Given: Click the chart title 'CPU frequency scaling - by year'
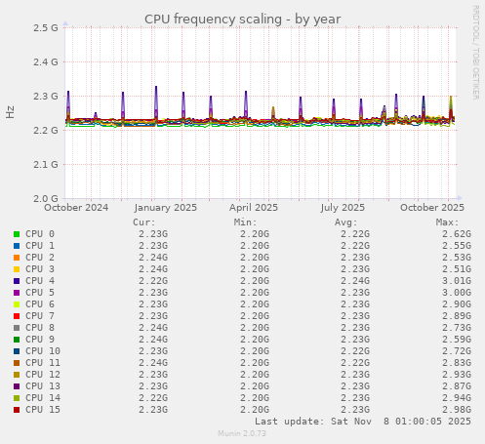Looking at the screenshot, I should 242,19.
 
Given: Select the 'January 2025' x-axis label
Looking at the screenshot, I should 166,207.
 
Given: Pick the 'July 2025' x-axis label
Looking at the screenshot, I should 343,207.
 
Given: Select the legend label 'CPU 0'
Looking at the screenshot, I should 40,234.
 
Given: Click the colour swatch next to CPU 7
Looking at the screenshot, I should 16,316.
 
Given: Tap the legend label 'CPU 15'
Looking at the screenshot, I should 43,410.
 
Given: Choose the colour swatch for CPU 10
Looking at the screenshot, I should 16,351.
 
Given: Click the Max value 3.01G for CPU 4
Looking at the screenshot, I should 456,281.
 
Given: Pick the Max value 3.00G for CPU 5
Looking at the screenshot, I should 456,293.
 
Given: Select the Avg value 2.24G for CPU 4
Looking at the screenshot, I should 355,281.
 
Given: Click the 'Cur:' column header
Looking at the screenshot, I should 143,222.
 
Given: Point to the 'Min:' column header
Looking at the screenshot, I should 245,222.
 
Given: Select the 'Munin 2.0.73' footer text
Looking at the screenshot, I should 242,433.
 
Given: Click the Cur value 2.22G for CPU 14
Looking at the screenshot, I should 152,398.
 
